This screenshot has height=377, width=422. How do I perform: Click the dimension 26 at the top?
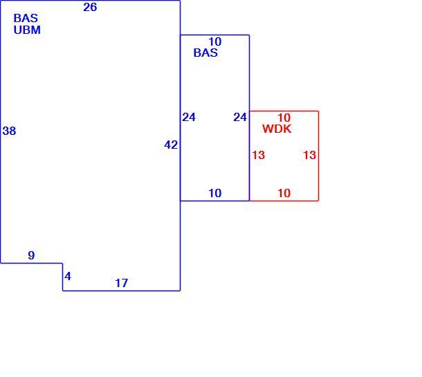pos(90,8)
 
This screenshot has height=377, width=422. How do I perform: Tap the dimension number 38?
pos(9,131)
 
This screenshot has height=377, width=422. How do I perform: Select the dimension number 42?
pos(171,145)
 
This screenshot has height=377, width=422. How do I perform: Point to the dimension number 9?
pos(32,255)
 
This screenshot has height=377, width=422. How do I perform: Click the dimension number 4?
pos(68,277)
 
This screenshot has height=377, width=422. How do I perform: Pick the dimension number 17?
pos(121,283)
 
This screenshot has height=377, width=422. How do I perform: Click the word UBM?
pos(27,30)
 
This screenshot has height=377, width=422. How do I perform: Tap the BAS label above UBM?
pos(26,18)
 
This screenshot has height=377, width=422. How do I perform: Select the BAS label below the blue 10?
pos(205,53)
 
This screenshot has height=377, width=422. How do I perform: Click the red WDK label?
pos(277,129)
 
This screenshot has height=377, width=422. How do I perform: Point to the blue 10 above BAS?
pos(215,42)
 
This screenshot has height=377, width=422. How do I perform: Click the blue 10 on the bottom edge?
pos(215,193)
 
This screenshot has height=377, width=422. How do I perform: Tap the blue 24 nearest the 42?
pos(189,118)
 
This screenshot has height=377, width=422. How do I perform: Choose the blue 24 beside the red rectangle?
pos(240,118)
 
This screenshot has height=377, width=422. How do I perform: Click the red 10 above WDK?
pos(284,118)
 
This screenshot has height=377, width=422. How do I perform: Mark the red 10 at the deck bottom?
pos(284,193)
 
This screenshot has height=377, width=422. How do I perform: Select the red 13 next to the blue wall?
pos(258,155)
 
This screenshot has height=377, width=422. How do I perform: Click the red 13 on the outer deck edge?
pos(309,155)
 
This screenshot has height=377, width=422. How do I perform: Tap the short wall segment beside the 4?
pos(63,277)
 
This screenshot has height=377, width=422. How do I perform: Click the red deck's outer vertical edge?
pos(319,156)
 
